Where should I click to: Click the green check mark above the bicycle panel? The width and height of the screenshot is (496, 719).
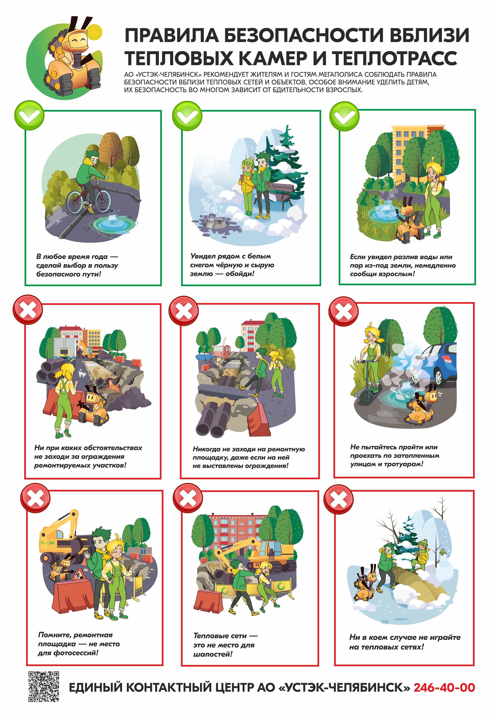tap(29, 115)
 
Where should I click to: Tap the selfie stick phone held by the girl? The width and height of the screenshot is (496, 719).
tap(143, 551)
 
